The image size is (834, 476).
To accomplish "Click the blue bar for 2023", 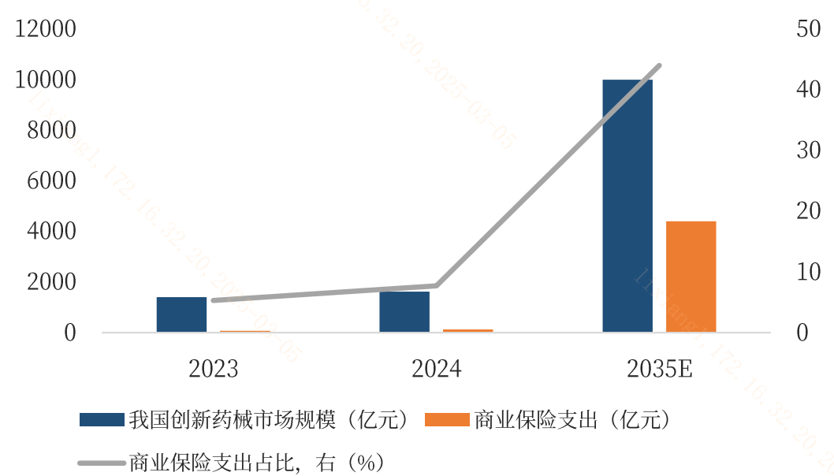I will (181, 314).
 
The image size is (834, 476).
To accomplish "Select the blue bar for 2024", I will (404, 312).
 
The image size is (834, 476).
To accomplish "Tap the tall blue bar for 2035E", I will (627, 206).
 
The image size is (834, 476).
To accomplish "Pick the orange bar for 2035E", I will (691, 277).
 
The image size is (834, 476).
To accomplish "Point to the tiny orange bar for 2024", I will (467, 330).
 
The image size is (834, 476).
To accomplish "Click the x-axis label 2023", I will (213, 369).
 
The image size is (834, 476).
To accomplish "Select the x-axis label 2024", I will (436, 369).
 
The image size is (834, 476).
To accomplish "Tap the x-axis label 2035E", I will (660, 369).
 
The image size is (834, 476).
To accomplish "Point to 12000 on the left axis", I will (49, 29).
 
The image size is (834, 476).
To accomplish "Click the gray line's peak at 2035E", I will (659, 66).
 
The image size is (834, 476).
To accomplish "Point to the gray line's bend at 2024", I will (436, 285).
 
